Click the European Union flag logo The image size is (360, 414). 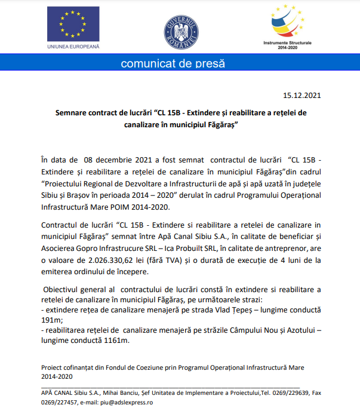73,24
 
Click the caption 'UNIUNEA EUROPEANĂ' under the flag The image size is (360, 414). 73,46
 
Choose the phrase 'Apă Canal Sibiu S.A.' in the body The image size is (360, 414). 207,237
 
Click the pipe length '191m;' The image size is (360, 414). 52,321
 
